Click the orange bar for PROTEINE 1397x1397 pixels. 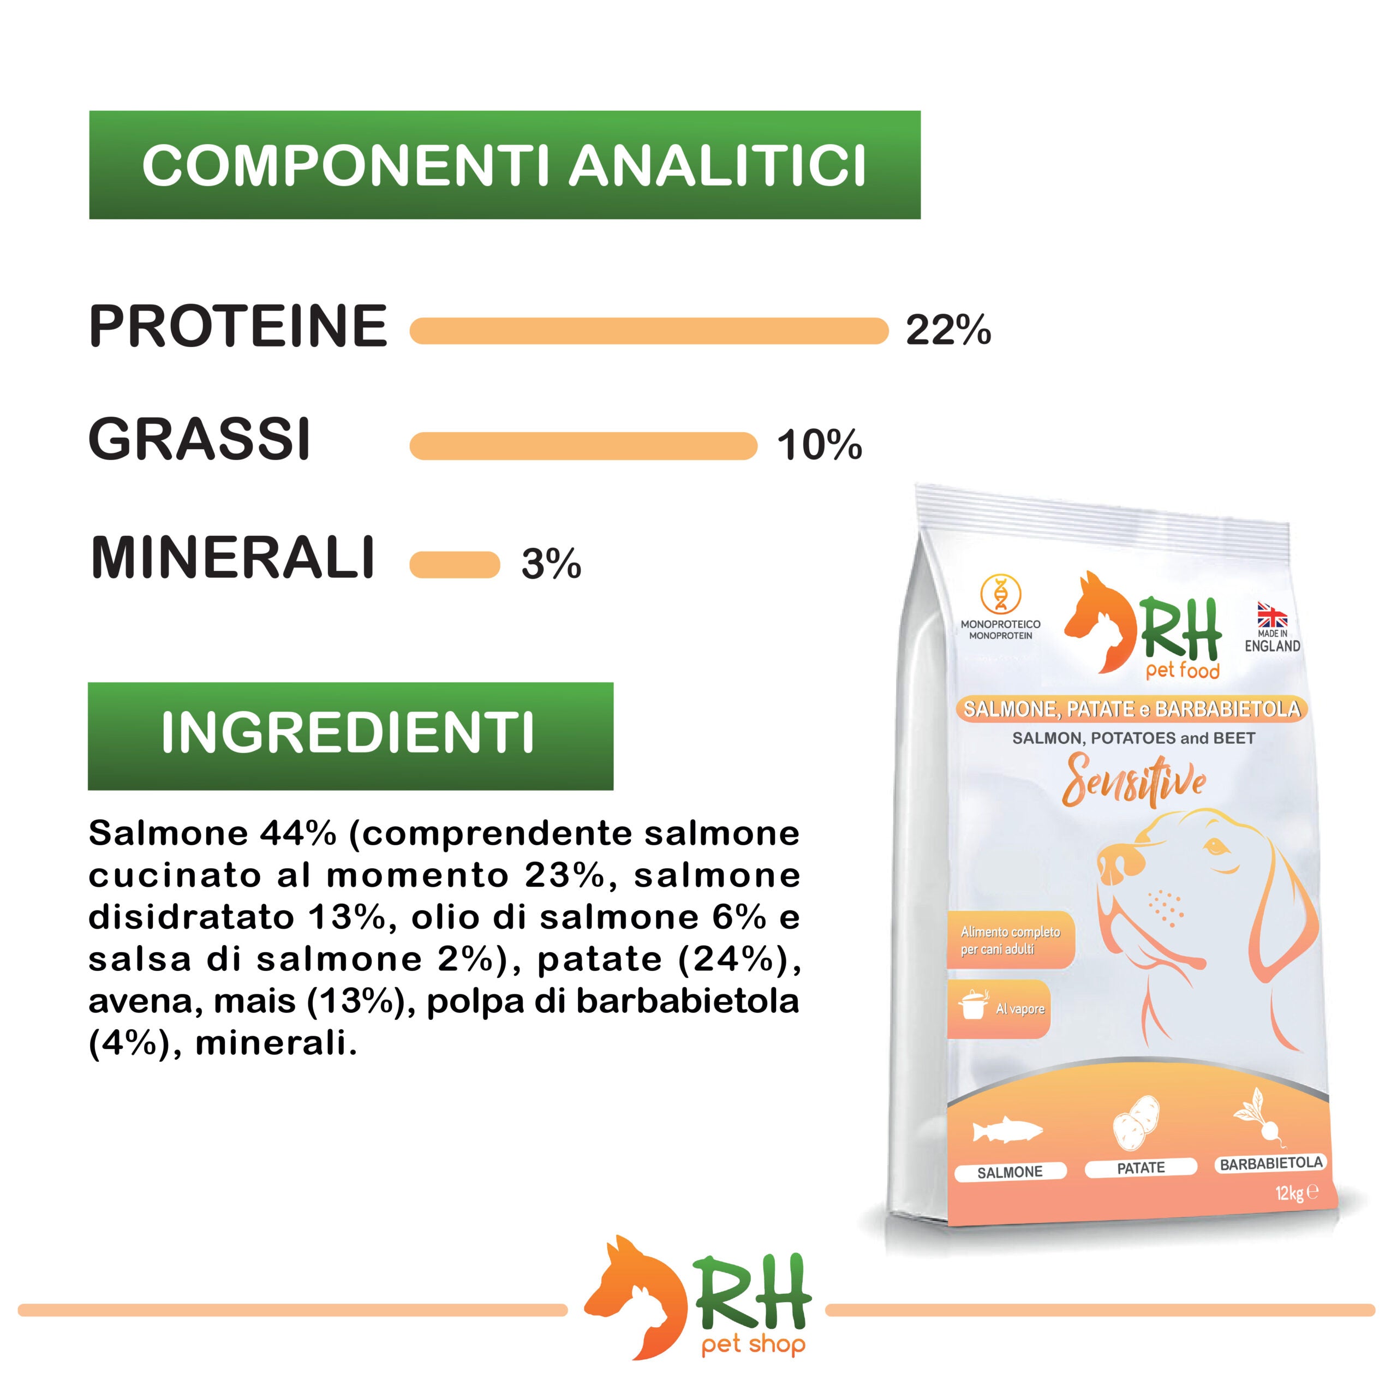(x=649, y=331)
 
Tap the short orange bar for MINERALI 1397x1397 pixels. (x=454, y=565)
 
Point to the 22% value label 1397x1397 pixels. (x=948, y=331)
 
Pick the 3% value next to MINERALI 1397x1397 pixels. (x=551, y=564)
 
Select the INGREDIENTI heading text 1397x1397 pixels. (x=348, y=733)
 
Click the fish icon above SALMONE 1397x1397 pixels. (x=1006, y=1132)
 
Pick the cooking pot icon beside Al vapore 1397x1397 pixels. (x=974, y=1006)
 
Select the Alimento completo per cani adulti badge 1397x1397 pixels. (x=1010, y=940)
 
